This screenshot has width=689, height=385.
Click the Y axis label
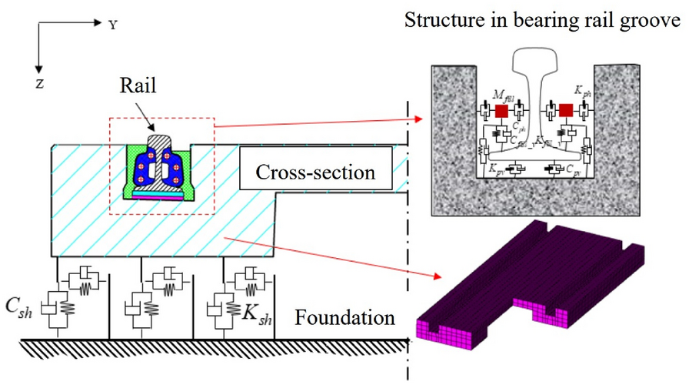tap(113, 25)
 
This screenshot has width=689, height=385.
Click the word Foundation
tap(345, 316)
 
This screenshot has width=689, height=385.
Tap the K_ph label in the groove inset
tap(585, 91)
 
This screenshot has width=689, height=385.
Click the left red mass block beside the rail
tap(501, 111)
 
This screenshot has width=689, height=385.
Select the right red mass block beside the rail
tap(566, 111)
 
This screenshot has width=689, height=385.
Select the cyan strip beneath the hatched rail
tap(160, 193)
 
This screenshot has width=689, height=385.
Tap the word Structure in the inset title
tap(438, 22)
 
